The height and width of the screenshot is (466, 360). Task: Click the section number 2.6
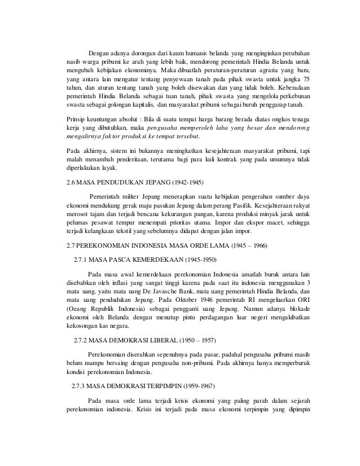coord(71,183)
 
